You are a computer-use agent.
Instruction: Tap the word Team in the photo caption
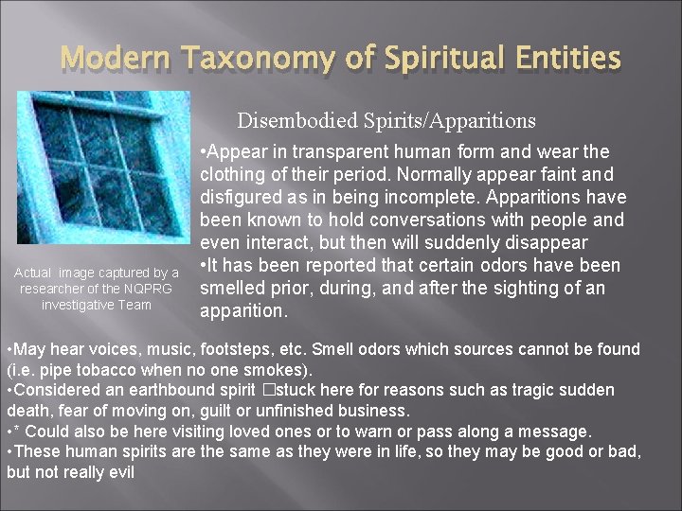pyautogui.click(x=133, y=304)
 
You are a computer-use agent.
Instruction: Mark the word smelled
pyautogui.click(x=233, y=289)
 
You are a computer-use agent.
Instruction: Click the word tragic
pyautogui.click(x=534, y=390)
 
